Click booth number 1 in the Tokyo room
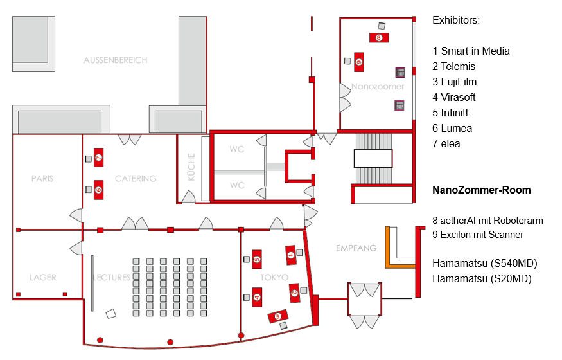(x=290, y=255)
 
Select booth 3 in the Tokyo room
(x=278, y=316)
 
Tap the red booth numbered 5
(x=257, y=258)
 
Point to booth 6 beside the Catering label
(x=98, y=189)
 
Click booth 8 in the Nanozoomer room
(x=379, y=37)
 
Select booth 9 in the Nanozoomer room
(x=358, y=61)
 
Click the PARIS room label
(x=42, y=178)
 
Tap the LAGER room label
(x=43, y=278)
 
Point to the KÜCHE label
(x=191, y=168)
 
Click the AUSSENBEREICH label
(x=115, y=60)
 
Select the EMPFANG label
(x=356, y=248)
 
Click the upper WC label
(x=237, y=149)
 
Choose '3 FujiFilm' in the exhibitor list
(x=454, y=82)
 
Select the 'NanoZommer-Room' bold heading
(x=481, y=190)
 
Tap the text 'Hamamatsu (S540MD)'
(x=484, y=263)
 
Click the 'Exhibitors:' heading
(x=456, y=21)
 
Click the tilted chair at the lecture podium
(x=111, y=314)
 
